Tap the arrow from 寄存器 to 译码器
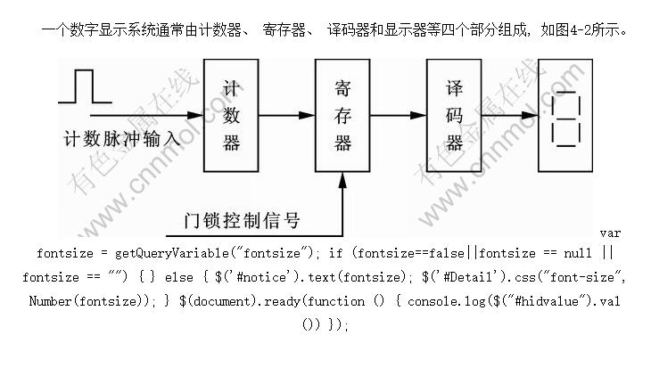tap(399, 114)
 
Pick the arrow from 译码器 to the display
tap(509, 114)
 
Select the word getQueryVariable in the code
tap(161, 254)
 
